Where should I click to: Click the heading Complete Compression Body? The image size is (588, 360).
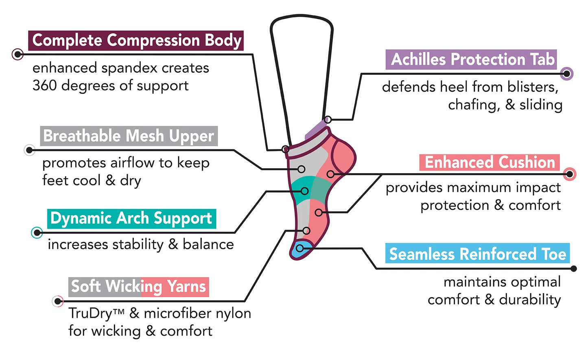pos(136,41)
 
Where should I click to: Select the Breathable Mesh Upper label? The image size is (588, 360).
pos(129,136)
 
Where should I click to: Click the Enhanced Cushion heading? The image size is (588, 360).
pos(490,162)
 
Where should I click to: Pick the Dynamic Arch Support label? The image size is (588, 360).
pos(131,219)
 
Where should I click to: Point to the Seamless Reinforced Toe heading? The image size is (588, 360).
pos(477,254)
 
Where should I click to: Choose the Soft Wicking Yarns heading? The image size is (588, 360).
pos(138,287)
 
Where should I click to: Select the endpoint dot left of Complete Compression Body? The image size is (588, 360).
pos(17,54)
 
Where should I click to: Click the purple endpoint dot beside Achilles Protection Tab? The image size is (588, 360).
pos(566,74)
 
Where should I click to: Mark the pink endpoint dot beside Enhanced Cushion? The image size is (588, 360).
pos(570,174)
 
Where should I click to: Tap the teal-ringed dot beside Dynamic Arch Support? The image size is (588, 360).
pos(37,233)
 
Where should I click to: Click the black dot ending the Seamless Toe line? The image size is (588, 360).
pos(574,269)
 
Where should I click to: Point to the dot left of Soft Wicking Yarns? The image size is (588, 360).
pos(58,301)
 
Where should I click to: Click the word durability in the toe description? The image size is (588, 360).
pos(530,300)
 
